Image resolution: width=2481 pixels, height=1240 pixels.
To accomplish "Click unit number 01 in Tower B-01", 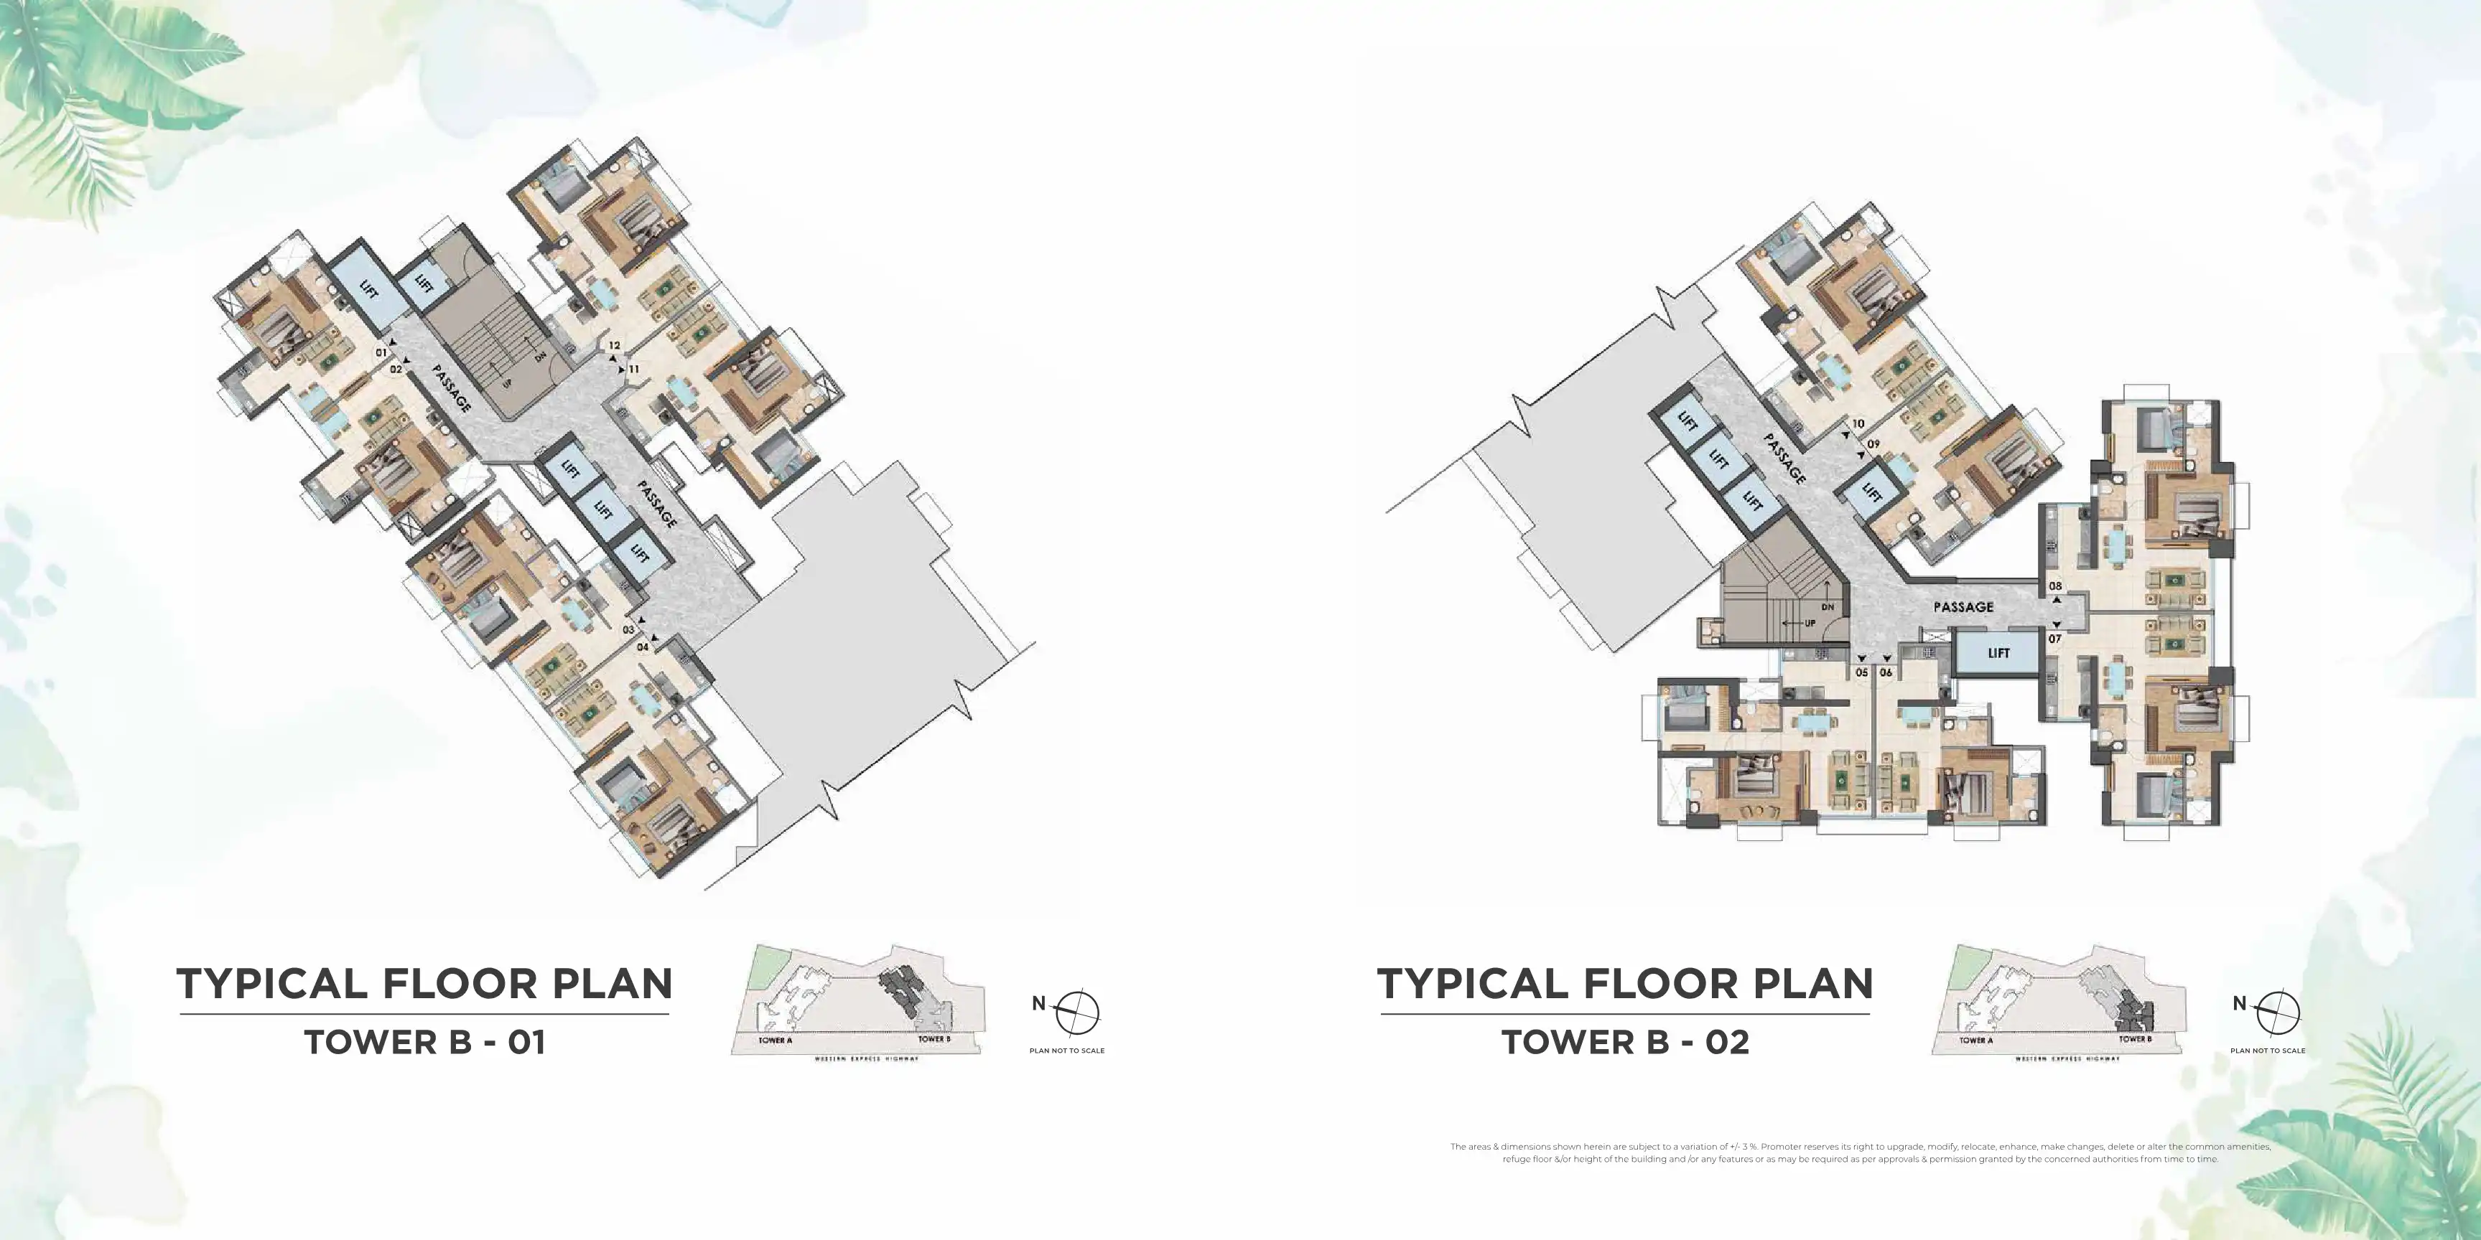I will [381, 352].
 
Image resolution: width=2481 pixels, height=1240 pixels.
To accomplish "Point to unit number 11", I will [634, 369].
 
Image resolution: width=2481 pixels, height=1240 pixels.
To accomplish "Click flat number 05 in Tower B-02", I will [1862, 672].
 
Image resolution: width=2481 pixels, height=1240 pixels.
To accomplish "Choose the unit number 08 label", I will [2055, 586].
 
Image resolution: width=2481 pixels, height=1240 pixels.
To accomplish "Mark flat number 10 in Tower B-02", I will [1858, 423].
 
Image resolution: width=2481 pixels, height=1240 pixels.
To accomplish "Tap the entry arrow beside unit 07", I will [2057, 624].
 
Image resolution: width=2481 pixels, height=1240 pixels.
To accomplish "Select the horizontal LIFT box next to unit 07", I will [1998, 653].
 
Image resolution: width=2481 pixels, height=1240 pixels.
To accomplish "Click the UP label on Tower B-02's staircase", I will [1809, 623].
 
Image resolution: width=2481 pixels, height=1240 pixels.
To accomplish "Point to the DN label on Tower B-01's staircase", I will [540, 356].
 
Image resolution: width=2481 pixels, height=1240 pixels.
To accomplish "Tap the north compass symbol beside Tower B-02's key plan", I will [2278, 1012].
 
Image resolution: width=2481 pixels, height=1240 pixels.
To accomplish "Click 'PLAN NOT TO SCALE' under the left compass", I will [1066, 1051].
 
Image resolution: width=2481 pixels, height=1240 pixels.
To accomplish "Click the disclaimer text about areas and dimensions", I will [1860, 1152].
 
